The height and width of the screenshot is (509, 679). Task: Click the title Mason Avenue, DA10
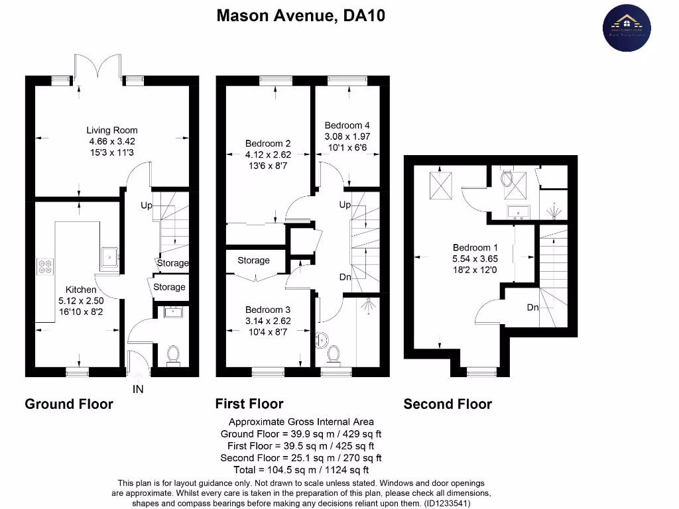301,15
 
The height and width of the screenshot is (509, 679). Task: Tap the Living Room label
112,130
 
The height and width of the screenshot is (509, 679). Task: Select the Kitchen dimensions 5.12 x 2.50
81,300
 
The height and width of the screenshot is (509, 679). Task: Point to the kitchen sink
109,254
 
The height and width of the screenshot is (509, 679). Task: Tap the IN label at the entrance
138,390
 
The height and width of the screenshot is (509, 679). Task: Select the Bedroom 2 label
268,143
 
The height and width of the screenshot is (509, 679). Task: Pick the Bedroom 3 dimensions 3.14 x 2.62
268,321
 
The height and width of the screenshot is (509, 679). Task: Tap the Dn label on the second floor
532,308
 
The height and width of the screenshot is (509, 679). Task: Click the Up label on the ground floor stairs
147,205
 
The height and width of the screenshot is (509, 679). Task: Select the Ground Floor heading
69,404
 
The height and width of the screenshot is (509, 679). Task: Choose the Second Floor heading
448,404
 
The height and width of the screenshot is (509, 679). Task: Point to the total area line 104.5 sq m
302,470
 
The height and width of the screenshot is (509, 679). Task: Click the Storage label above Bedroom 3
253,260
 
